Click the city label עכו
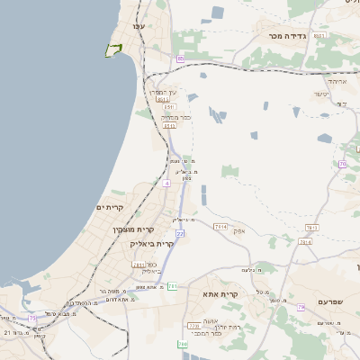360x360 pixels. point(138,27)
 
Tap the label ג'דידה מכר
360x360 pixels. point(287,36)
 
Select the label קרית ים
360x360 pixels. point(109,208)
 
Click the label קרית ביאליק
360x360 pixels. point(152,243)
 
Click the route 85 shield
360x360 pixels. point(180,59)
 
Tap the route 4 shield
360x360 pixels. point(166,183)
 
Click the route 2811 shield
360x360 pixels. point(139,265)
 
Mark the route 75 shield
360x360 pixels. point(33,318)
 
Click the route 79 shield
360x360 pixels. point(343,163)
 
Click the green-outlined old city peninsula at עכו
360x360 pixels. point(113,49)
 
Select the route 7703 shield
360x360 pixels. point(193,325)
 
